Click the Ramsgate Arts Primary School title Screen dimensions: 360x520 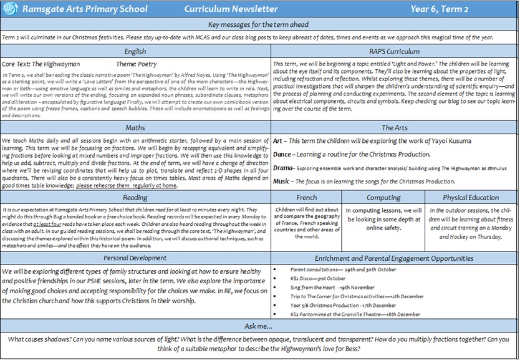(84, 9)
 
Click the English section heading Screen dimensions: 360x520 (135, 51)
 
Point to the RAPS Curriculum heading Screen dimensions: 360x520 (395, 51)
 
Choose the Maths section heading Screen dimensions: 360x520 (135, 127)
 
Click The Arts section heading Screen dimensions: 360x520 (395, 127)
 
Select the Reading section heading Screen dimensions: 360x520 (135, 197)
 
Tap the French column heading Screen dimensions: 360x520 (306, 197)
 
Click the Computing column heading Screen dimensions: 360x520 (383, 197)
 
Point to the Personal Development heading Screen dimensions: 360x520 (135, 258)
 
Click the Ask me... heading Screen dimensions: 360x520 (259, 326)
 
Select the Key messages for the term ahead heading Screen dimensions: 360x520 (259, 24)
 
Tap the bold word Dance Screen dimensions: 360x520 (284, 154)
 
